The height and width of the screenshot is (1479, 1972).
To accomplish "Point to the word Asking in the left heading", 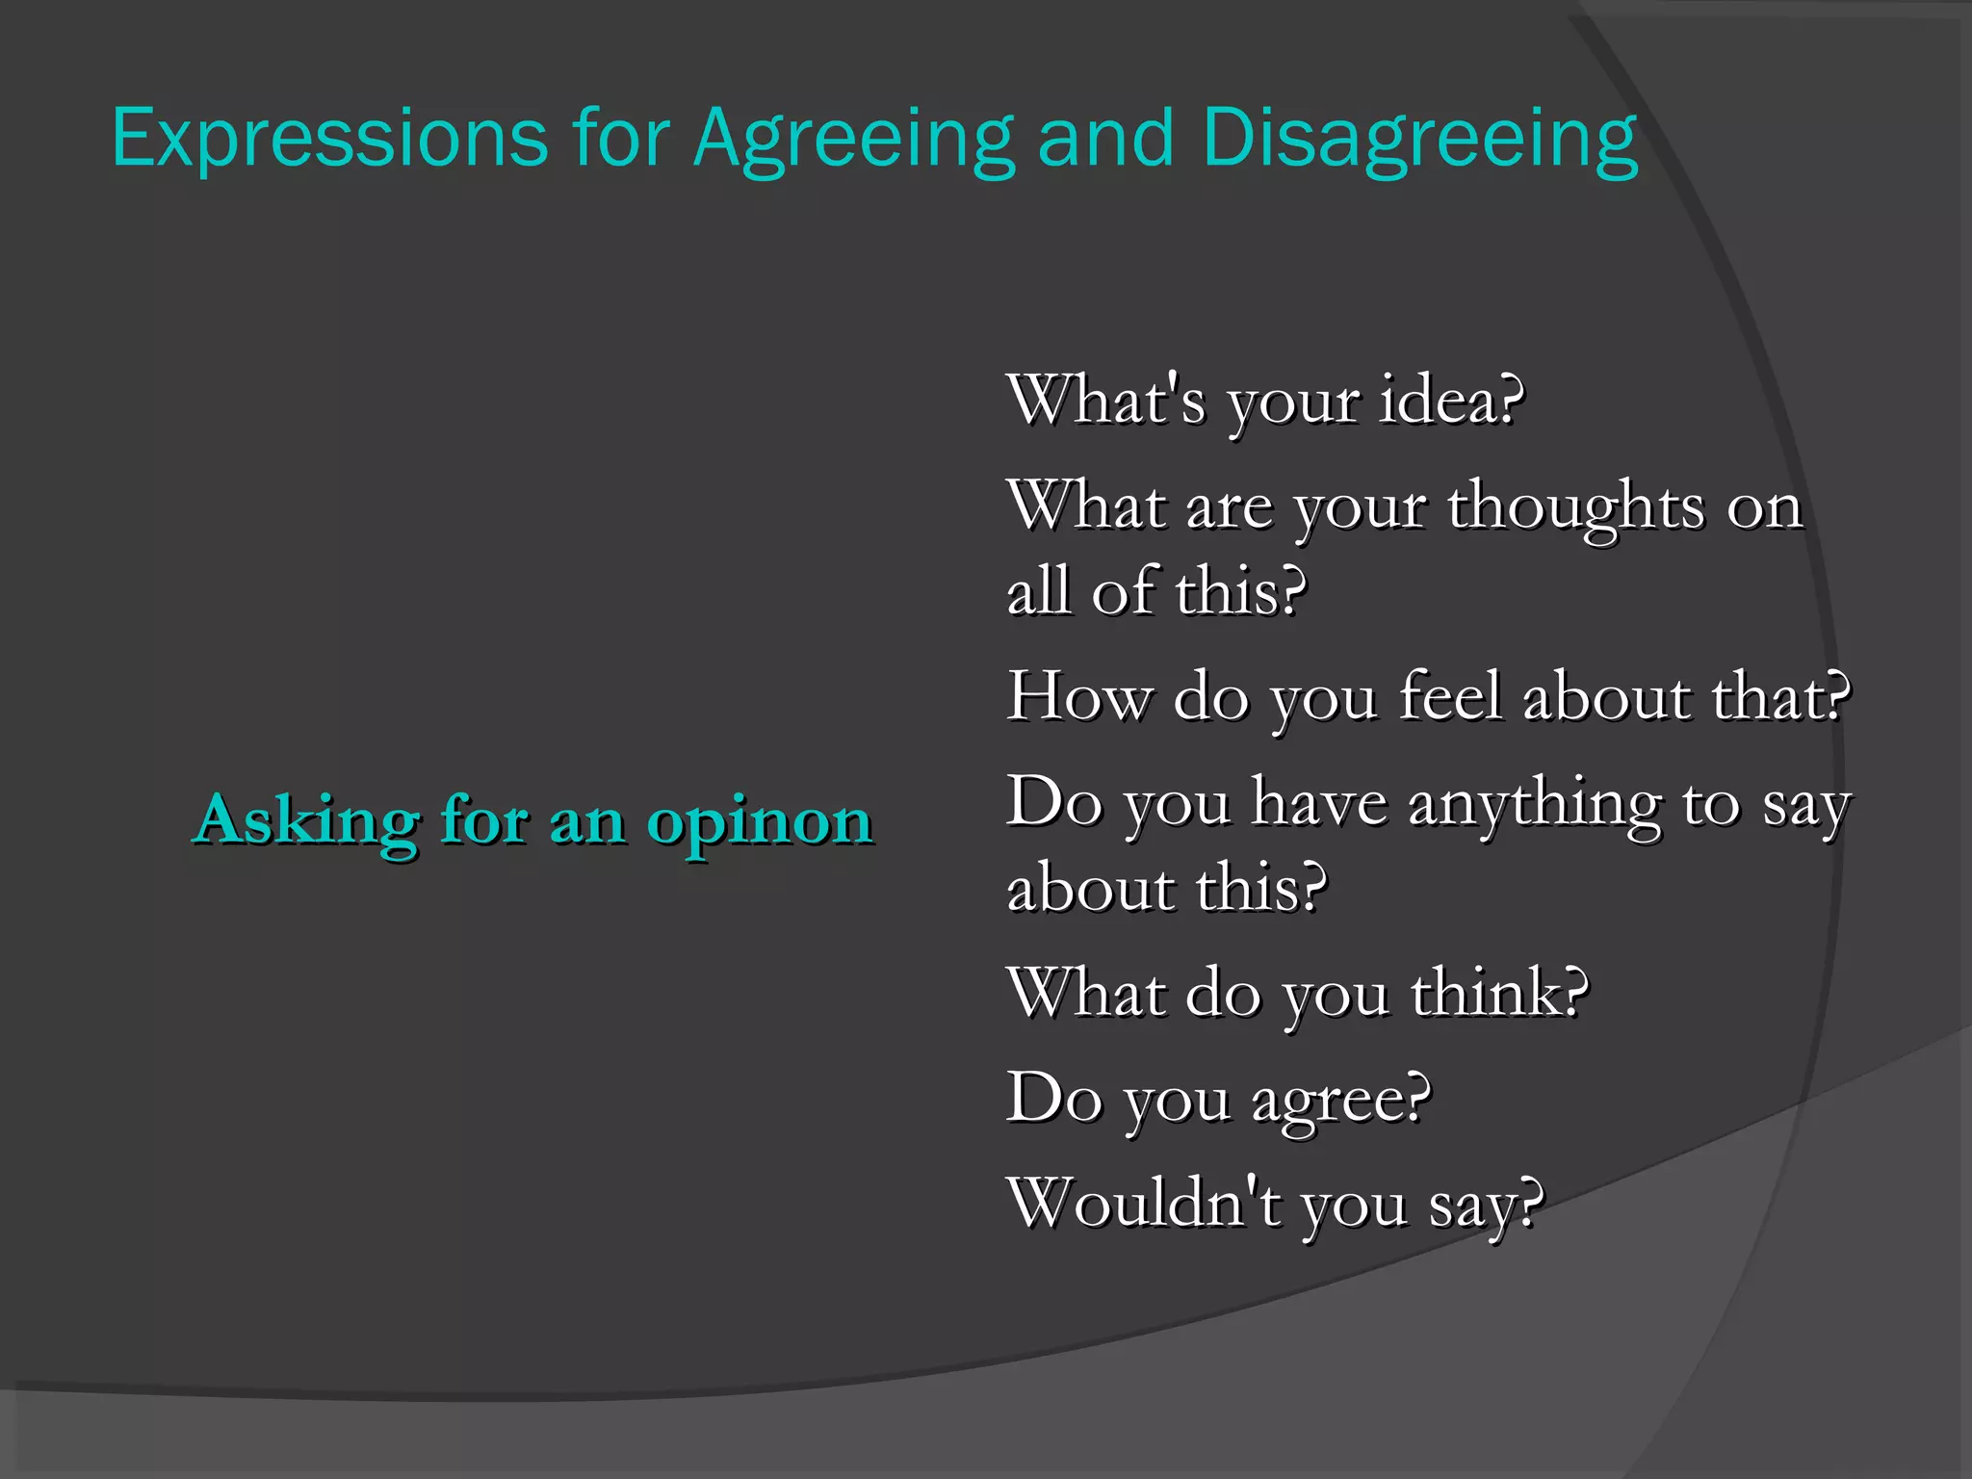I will click(x=306, y=821).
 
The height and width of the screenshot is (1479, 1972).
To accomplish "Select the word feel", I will click(x=1450, y=697).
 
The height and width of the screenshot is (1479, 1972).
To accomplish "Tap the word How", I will click(x=1078, y=697).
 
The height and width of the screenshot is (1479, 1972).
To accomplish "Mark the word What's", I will click(x=1105, y=401).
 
